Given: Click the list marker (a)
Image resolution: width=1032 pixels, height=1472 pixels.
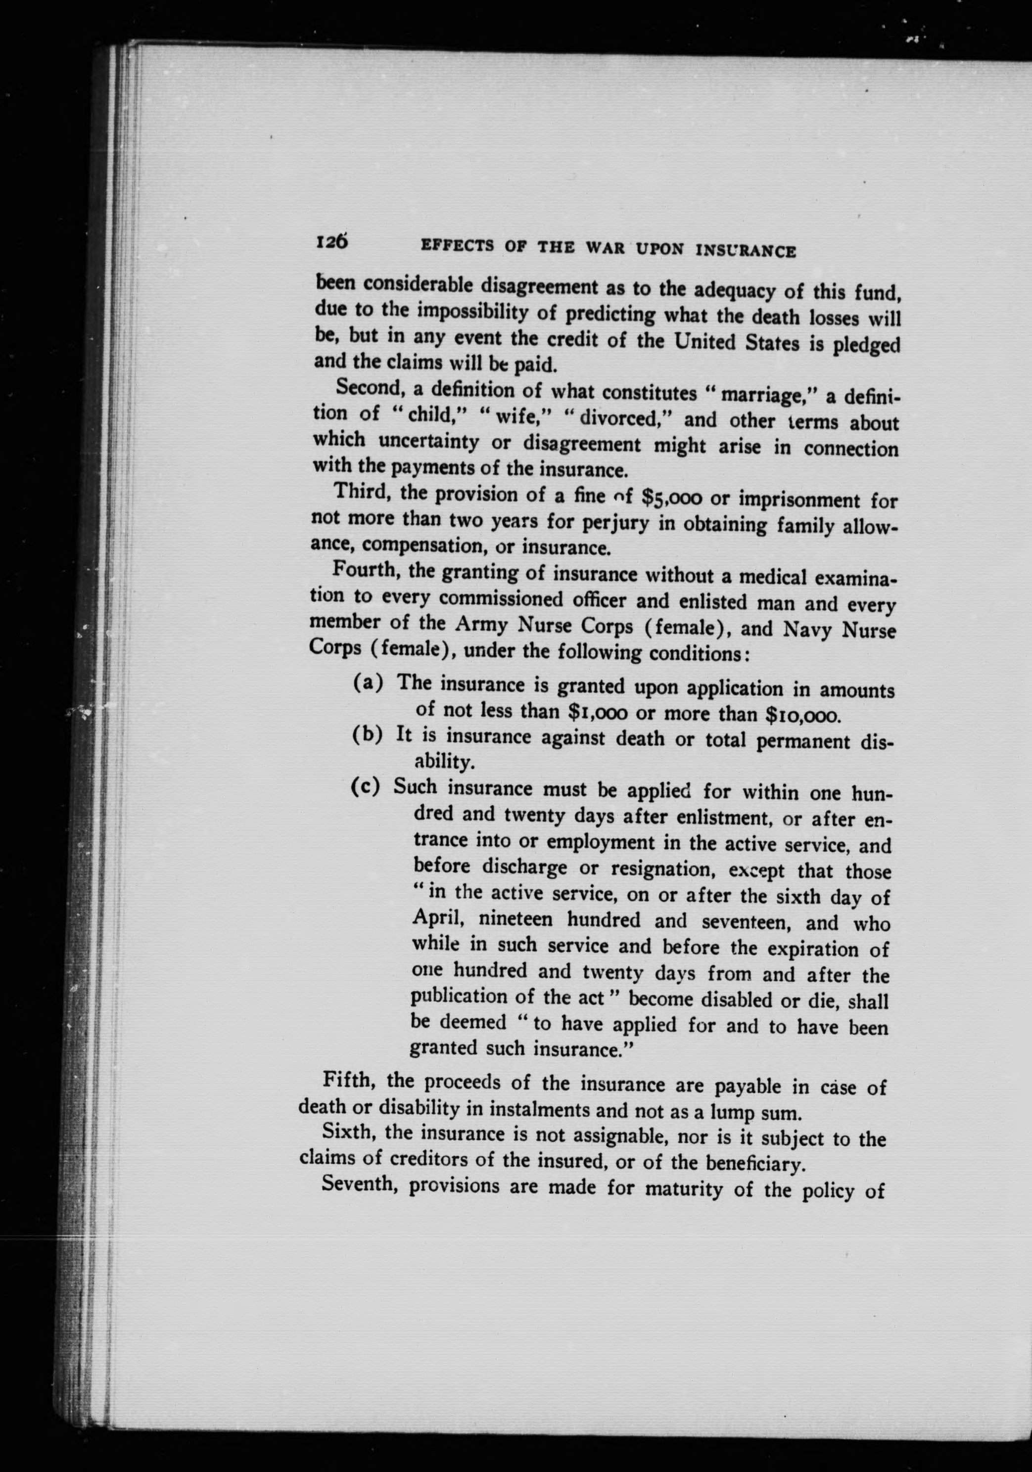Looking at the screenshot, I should (x=369, y=682).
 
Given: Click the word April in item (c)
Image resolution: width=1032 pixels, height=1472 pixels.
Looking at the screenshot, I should (x=437, y=920).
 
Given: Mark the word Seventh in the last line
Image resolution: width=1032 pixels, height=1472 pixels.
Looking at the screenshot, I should (x=359, y=1185).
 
